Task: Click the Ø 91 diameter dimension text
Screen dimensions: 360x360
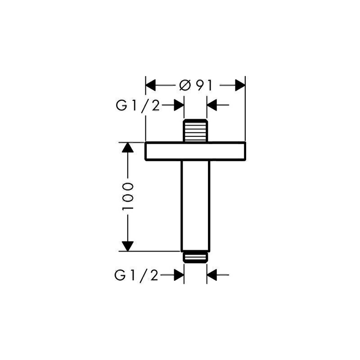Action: coord(196,85)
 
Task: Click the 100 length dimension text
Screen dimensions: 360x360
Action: coord(127,197)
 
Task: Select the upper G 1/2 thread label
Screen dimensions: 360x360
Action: coord(138,106)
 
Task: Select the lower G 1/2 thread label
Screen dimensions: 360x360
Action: coord(136,275)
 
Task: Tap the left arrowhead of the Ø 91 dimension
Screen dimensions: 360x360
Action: coord(151,85)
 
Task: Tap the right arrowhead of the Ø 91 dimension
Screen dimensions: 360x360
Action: coord(240,85)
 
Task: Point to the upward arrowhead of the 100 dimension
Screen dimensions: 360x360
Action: coord(128,148)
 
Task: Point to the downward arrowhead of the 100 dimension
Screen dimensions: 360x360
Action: coord(128,246)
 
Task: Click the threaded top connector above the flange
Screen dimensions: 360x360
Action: coord(195,130)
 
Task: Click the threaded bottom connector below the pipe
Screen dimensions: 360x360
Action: coord(195,257)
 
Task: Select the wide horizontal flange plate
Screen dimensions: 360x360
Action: coord(195,151)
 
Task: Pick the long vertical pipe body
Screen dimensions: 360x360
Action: coord(195,206)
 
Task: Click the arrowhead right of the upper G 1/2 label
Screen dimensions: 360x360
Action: coord(179,105)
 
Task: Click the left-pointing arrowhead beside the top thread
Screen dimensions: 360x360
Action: coord(211,105)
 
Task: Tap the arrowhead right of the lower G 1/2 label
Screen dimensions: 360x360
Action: coord(179,274)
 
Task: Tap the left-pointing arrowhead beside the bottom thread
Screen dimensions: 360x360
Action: coord(211,274)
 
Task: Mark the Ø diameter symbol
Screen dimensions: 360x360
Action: coord(185,85)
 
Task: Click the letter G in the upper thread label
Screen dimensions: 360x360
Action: coord(121,106)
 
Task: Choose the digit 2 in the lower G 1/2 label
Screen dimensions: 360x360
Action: coord(154,275)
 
